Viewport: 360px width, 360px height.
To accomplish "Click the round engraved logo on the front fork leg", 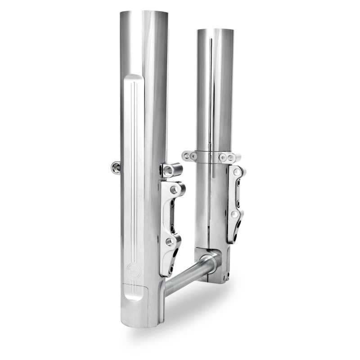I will tap(134, 270).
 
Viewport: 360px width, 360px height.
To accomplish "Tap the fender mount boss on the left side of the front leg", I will tap(116, 167).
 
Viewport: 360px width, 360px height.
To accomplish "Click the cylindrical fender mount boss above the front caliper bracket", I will tap(171, 170).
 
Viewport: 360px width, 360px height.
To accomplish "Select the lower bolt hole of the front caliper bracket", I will tap(170, 242).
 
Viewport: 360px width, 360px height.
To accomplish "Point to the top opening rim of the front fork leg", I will tap(144, 13).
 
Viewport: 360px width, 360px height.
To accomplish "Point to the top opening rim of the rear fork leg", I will tap(215, 31).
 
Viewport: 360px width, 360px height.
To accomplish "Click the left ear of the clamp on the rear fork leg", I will tap(189, 156).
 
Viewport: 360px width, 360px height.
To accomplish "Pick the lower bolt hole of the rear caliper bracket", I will tap(234, 215).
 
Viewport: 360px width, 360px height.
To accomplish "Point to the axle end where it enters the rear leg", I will tap(210, 261).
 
